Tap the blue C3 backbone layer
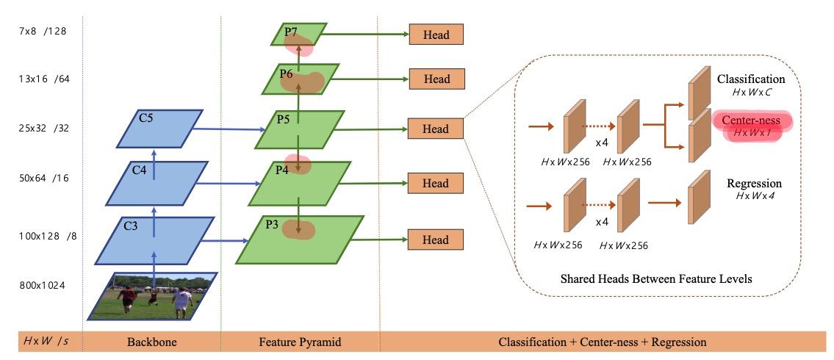click(x=154, y=239)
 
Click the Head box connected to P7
click(x=436, y=35)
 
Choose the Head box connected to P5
click(x=436, y=129)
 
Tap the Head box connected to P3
click(x=436, y=240)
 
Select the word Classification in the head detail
click(x=751, y=79)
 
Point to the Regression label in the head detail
click(x=754, y=183)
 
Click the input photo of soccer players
click(x=152, y=296)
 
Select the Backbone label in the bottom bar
click(x=151, y=342)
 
